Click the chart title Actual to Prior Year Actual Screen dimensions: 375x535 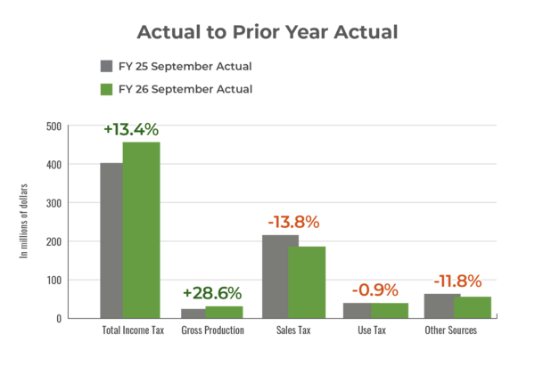(267, 33)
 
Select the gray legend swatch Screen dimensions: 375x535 (106, 67)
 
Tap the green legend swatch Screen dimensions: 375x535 (106, 89)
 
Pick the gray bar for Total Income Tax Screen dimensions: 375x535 (111, 240)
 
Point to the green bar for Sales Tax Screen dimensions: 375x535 (306, 281)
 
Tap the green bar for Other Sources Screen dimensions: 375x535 (473, 306)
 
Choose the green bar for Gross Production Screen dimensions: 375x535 (225, 311)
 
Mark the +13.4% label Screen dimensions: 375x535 (131, 129)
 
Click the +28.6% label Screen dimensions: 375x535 (211, 293)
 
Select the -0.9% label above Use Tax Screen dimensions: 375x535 (374, 290)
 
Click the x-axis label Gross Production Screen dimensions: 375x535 (211, 330)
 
